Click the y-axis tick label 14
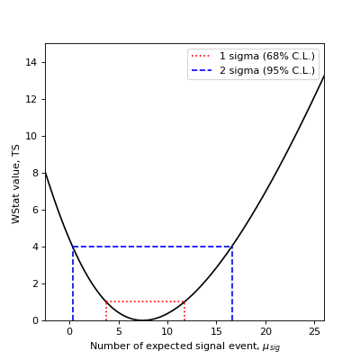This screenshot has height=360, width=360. [x=33, y=62]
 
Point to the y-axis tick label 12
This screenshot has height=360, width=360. [x=33, y=99]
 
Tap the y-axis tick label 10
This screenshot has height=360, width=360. [x=33, y=136]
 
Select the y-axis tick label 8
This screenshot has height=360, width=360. [x=36, y=173]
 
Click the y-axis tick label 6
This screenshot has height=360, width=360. [x=36, y=210]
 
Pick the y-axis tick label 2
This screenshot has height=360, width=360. [x=36, y=283]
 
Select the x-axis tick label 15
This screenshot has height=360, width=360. [x=217, y=330]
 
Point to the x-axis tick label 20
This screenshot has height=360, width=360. [x=266, y=330]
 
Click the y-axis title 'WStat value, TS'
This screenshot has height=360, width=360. [x=16, y=182]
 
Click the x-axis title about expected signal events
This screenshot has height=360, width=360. [x=184, y=346]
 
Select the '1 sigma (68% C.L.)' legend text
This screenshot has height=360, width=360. [x=267, y=57]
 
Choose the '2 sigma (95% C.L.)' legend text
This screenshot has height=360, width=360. [x=267, y=70]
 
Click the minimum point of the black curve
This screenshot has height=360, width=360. [x=143, y=320]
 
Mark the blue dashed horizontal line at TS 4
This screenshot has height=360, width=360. [x=153, y=247]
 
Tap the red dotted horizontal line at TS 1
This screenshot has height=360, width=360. [x=145, y=301]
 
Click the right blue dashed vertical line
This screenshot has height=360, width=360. [x=232, y=283]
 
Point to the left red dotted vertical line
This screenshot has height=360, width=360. [x=106, y=311]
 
